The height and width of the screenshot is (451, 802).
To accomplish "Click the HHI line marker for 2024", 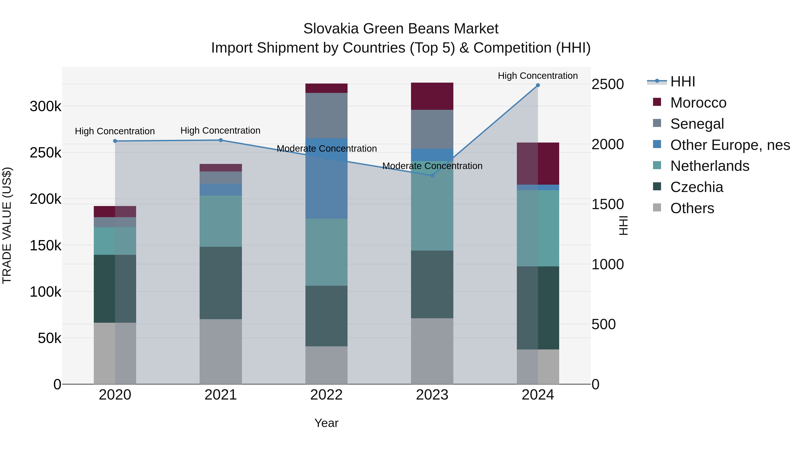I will (x=538, y=85).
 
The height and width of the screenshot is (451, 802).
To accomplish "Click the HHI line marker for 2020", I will (x=115, y=141).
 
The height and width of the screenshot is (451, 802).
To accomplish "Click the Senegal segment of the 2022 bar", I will (x=326, y=115).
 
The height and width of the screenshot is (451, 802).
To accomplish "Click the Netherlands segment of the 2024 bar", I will (x=538, y=228).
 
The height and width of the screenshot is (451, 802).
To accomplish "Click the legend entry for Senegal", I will (x=697, y=124).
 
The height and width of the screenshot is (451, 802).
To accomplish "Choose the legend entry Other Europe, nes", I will (x=730, y=145).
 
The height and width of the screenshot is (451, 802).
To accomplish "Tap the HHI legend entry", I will (x=682, y=82).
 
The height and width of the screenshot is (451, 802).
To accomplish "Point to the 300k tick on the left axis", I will (x=45, y=106).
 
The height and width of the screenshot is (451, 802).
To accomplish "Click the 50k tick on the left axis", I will (x=49, y=338).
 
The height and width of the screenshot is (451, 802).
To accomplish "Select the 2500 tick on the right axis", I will (x=608, y=84).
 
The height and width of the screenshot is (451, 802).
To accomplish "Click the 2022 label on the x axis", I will (x=326, y=395).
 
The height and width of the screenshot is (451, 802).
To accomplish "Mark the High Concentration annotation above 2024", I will (x=538, y=76).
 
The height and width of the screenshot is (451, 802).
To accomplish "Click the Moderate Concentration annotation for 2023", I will (x=432, y=166).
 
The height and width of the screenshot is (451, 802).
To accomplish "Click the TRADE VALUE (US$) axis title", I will (x=7, y=225).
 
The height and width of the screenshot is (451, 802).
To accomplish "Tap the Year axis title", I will (x=326, y=423).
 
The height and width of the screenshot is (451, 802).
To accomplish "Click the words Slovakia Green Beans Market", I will (x=401, y=29).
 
